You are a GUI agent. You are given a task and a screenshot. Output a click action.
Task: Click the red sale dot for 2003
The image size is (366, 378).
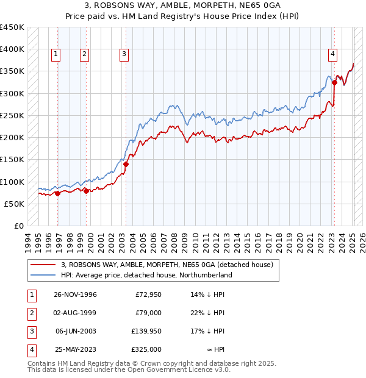(x=126, y=164)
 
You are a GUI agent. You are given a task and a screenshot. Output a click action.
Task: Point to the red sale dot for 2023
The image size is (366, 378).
(x=335, y=83)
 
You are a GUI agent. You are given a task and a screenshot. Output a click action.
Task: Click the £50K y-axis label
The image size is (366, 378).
(x=15, y=204)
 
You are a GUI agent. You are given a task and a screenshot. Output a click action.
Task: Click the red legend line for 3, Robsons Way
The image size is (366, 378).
(x=44, y=265)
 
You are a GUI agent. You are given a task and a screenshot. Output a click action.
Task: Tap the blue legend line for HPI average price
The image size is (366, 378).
(x=44, y=275)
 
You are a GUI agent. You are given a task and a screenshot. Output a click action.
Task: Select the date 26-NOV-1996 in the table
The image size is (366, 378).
(x=76, y=294)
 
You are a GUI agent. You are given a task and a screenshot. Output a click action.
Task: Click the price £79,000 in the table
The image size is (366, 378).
(x=148, y=313)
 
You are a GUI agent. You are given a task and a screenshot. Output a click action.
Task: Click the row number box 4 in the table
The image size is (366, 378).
(x=30, y=350)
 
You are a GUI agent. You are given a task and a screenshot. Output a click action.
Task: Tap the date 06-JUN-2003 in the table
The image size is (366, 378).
(x=76, y=331)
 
